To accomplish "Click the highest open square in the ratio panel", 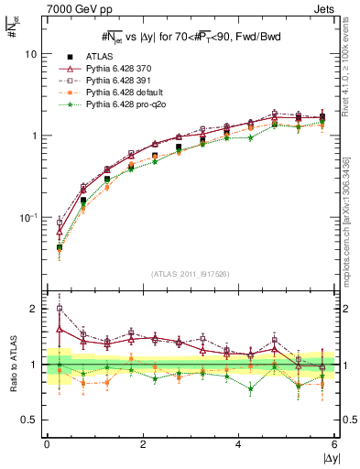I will pos(60,309).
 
